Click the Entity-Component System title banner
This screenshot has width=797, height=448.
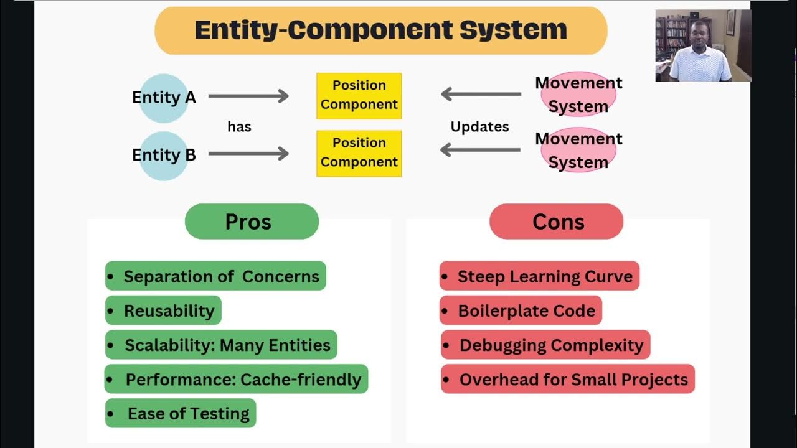click(x=380, y=30)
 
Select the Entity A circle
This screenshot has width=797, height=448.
click(x=163, y=98)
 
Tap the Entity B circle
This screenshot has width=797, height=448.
click(x=163, y=155)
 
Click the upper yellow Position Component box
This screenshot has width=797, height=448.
click(x=359, y=95)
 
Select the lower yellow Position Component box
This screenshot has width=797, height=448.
click(x=359, y=153)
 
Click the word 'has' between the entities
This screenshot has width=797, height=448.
click(x=239, y=127)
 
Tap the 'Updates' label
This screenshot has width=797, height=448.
click(x=479, y=127)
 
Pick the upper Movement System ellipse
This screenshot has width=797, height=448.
click(x=578, y=94)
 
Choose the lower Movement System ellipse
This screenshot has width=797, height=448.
click(x=578, y=150)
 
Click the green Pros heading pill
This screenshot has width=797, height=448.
click(x=252, y=222)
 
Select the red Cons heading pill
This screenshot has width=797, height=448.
click(x=556, y=222)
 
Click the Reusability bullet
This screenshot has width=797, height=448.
click(x=163, y=311)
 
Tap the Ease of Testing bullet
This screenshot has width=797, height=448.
click(x=181, y=414)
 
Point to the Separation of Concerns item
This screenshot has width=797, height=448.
click(x=215, y=276)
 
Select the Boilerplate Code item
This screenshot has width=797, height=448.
click(x=521, y=311)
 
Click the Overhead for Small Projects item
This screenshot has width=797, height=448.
click(x=567, y=380)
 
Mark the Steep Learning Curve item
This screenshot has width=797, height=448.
click(x=539, y=276)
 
